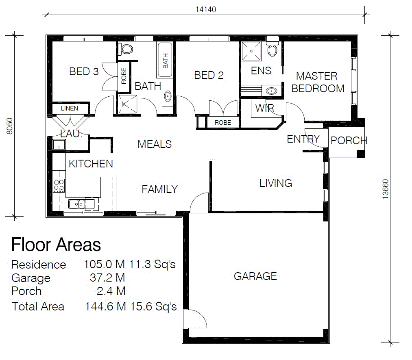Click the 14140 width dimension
coord(206,9)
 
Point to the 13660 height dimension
coord(385,189)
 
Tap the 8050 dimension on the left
coord(9,126)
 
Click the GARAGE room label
coord(255,276)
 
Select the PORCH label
coord(349,141)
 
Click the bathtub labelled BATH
coord(165,60)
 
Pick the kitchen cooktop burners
coord(59,185)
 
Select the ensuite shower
coord(251,51)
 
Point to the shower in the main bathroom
coord(128,104)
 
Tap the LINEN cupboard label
coord(70,108)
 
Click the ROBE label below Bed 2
coord(223,123)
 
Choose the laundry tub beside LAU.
coord(59,144)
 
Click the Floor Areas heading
coord(56,245)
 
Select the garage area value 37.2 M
coord(107,278)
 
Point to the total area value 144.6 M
coord(105,306)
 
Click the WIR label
coord(265,108)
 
